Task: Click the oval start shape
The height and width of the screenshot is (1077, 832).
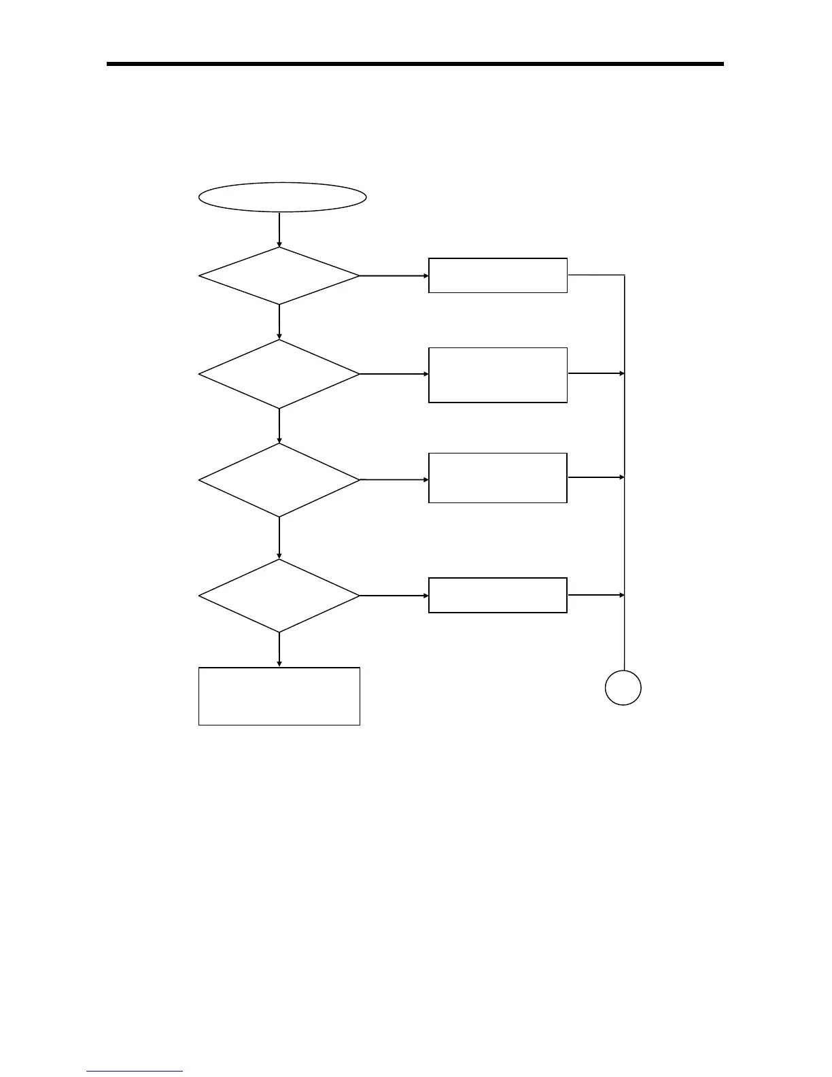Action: [x=282, y=197]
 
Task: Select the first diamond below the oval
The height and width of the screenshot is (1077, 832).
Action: [x=279, y=275]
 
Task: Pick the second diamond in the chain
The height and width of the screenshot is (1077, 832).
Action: [x=279, y=374]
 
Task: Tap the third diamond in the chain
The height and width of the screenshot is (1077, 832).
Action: [x=279, y=480]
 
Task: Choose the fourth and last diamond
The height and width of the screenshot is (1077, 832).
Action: [x=279, y=596]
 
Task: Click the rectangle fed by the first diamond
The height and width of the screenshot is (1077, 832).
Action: [x=498, y=275]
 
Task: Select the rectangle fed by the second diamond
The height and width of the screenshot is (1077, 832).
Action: [x=498, y=375]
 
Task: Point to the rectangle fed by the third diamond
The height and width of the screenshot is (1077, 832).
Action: [x=498, y=478]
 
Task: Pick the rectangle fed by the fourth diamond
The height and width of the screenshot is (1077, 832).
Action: [x=498, y=595]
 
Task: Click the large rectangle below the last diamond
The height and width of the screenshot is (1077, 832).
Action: [x=279, y=696]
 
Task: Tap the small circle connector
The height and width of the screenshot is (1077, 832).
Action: [x=623, y=688]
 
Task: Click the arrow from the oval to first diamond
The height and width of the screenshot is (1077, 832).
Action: [x=279, y=229]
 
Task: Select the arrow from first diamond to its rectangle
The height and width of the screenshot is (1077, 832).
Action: [x=394, y=275]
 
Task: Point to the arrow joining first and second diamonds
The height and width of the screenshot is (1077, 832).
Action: [x=279, y=322]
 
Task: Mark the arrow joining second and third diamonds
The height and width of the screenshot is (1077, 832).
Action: [x=279, y=426]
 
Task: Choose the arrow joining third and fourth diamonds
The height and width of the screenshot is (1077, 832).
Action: [x=279, y=538]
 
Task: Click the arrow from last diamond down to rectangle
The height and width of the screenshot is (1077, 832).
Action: [x=279, y=650]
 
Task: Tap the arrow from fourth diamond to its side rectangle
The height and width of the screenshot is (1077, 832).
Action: [x=394, y=596]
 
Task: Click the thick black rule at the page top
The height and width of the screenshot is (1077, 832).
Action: [x=415, y=64]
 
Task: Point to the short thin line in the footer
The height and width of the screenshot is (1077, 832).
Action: [x=135, y=1071]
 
